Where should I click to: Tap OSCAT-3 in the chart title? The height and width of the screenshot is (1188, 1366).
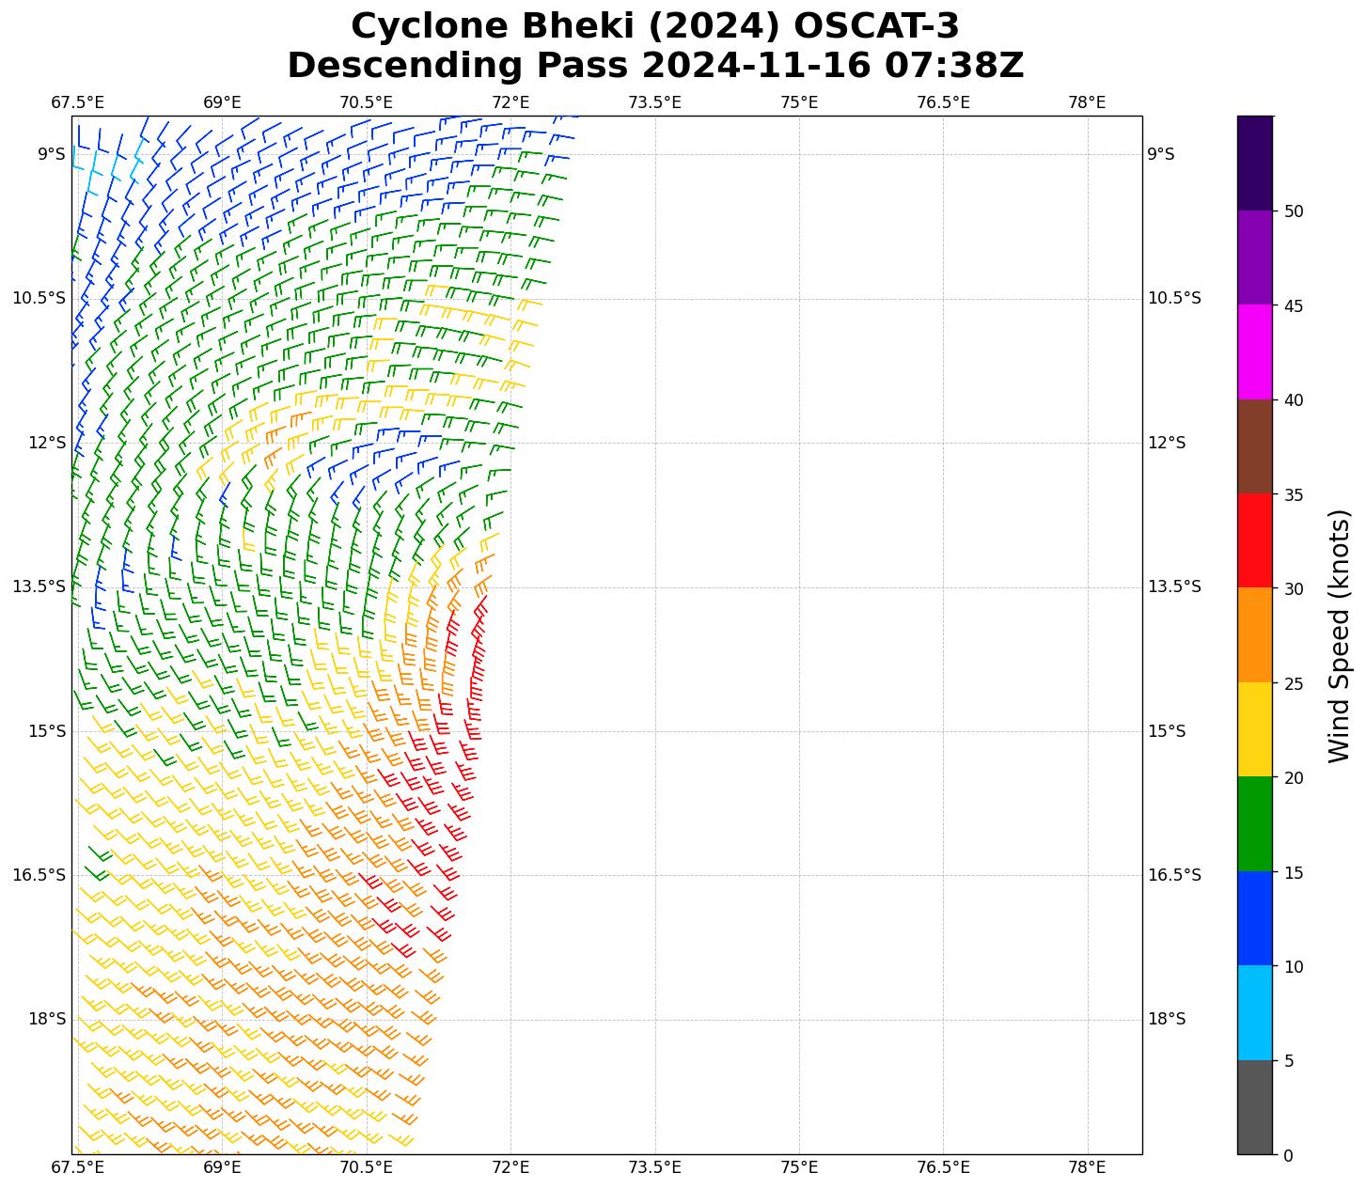[876, 26]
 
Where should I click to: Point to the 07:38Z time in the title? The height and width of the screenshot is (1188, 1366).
[954, 66]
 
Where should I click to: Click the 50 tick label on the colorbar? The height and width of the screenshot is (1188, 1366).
[1294, 211]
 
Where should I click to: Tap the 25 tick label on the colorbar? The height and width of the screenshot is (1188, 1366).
[1294, 683]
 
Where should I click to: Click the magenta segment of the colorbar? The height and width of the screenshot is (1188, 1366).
[1254, 352]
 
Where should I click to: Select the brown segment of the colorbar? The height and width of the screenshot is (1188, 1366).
[1254, 446]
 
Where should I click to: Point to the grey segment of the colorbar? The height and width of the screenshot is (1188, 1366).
[1254, 1107]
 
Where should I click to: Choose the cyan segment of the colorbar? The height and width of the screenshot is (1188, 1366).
[1254, 1013]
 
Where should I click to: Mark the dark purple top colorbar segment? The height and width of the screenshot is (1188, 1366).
[1254, 164]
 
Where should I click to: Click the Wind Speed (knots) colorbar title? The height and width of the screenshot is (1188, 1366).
[1339, 636]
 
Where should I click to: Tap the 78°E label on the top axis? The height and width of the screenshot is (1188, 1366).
[1087, 102]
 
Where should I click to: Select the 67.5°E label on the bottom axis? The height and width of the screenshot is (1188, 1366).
[78, 1168]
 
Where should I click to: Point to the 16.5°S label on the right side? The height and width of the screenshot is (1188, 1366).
[1174, 876]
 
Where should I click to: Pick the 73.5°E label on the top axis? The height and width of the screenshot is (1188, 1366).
[654, 102]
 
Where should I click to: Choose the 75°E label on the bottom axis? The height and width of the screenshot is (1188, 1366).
[799, 1168]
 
